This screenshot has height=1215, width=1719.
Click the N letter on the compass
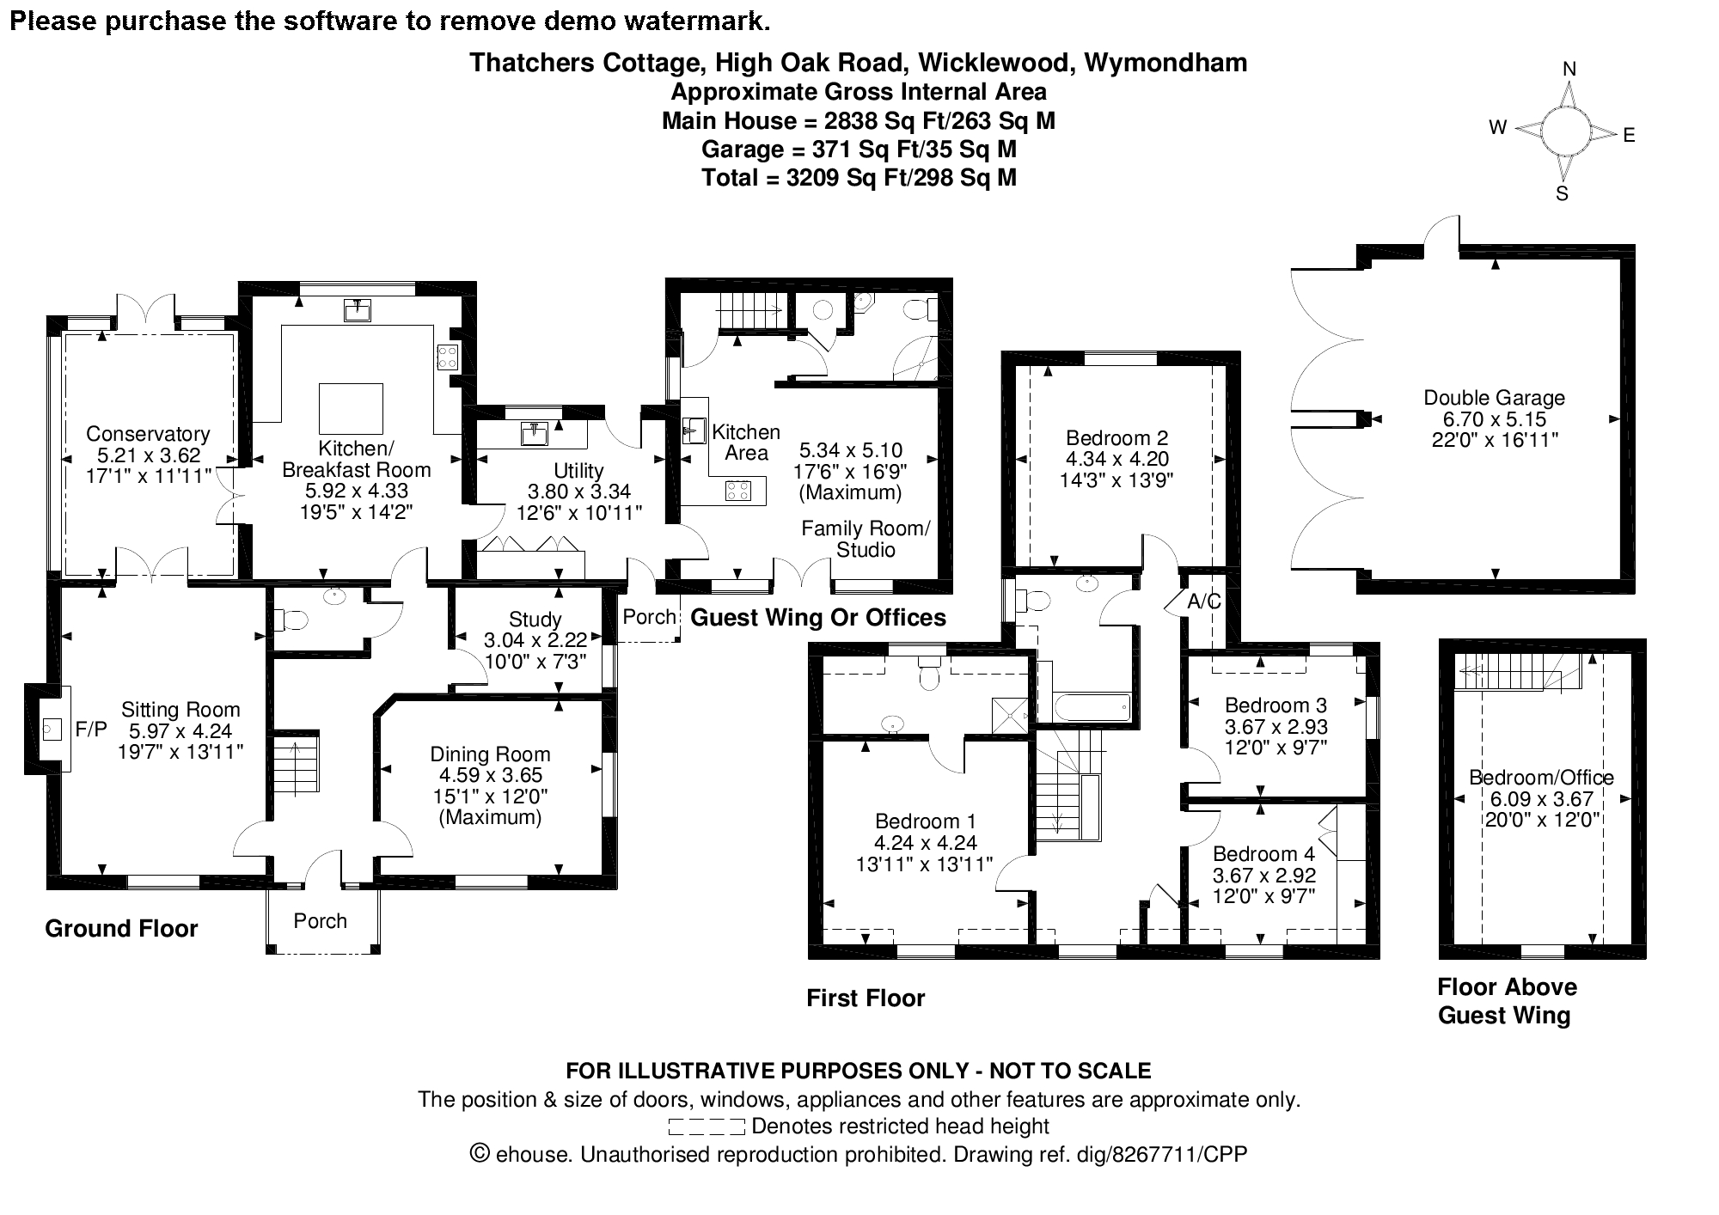tap(1569, 70)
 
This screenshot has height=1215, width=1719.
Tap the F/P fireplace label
tap(91, 730)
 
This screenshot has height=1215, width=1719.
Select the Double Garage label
tap(1494, 398)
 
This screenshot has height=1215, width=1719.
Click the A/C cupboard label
tap(1203, 601)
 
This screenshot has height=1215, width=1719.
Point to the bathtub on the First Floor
tap(1090, 709)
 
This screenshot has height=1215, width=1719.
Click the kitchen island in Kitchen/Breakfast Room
tap(351, 408)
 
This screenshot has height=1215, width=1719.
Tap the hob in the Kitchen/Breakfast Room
tap(447, 357)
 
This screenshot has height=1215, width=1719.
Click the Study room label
tap(535, 620)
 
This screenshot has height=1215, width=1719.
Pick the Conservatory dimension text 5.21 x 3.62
tap(148, 455)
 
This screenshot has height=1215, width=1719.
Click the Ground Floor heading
tap(121, 929)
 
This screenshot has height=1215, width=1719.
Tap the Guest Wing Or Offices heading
tap(818, 618)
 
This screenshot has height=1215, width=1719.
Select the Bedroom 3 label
tap(1275, 705)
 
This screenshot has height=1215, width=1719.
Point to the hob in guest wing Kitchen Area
tap(738, 491)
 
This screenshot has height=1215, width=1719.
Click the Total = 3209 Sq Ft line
tap(859, 178)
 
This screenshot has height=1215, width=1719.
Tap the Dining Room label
tap(490, 754)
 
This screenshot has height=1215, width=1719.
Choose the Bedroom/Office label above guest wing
tap(1541, 778)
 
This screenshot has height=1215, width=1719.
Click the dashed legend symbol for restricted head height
tap(706, 1126)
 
